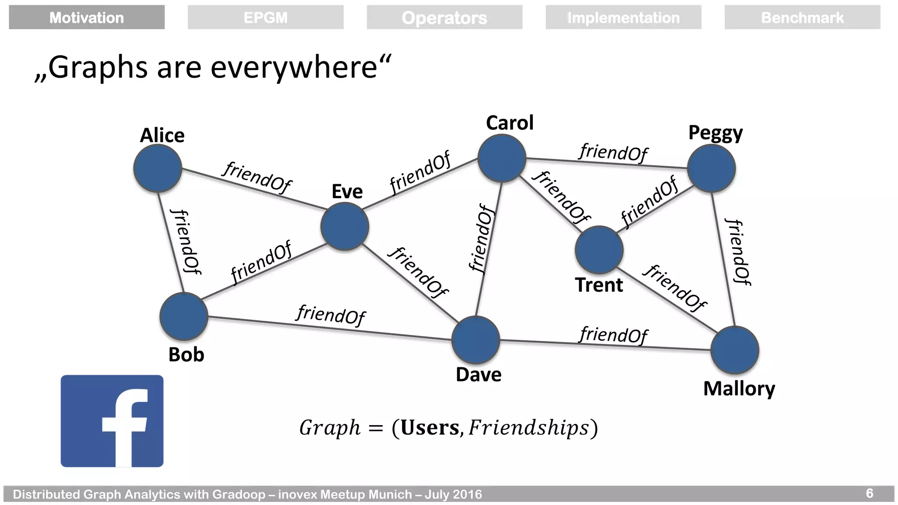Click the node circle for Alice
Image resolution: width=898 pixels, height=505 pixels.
(157, 168)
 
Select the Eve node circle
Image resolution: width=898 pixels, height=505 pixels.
(345, 226)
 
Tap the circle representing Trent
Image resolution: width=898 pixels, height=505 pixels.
(599, 250)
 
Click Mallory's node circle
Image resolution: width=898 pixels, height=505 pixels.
(734, 350)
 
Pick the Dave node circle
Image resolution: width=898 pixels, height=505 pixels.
(476, 340)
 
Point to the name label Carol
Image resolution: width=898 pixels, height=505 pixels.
(510, 123)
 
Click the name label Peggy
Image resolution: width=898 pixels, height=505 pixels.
(715, 133)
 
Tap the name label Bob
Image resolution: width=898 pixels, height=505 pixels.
(186, 355)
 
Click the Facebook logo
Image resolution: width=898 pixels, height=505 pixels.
(112, 421)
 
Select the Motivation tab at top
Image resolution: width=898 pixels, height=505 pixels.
(87, 18)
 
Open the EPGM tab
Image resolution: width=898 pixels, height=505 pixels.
(266, 18)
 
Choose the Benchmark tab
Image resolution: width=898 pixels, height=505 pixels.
(802, 18)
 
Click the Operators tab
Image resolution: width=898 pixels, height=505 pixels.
(444, 18)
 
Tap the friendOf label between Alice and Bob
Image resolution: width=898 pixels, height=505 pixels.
(186, 242)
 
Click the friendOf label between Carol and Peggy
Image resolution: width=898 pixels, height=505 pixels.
(613, 153)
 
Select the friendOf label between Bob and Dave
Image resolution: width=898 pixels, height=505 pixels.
(331, 315)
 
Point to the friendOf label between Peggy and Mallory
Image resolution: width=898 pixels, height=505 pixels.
(738, 252)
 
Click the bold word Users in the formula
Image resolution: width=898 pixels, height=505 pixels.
(430, 428)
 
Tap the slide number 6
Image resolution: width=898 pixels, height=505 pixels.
(869, 494)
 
